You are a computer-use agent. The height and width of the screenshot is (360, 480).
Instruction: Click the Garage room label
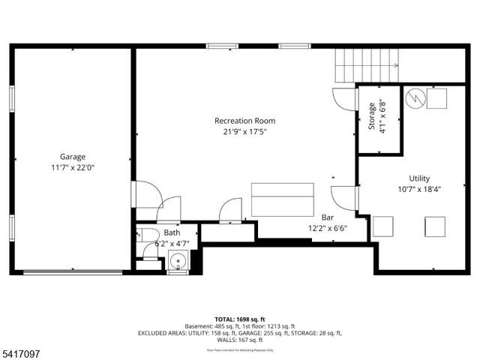pos(73,157)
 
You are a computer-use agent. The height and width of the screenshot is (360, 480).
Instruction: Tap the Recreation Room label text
pos(244,121)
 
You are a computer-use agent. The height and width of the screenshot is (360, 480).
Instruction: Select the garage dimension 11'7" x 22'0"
pos(73,168)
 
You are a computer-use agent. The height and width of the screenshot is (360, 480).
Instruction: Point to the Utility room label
pos(418,178)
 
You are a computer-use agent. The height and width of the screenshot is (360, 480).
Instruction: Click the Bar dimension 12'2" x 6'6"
pos(328,228)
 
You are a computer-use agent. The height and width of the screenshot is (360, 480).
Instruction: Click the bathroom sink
pos(178,262)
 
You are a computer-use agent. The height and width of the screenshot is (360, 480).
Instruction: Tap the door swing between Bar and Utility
pos(344,199)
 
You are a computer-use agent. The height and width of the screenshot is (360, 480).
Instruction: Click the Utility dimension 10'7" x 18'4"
pos(418,190)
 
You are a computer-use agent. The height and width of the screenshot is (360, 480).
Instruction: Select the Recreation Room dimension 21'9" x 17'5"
pos(244,132)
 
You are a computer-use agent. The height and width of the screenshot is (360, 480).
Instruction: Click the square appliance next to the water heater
pos(436,97)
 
